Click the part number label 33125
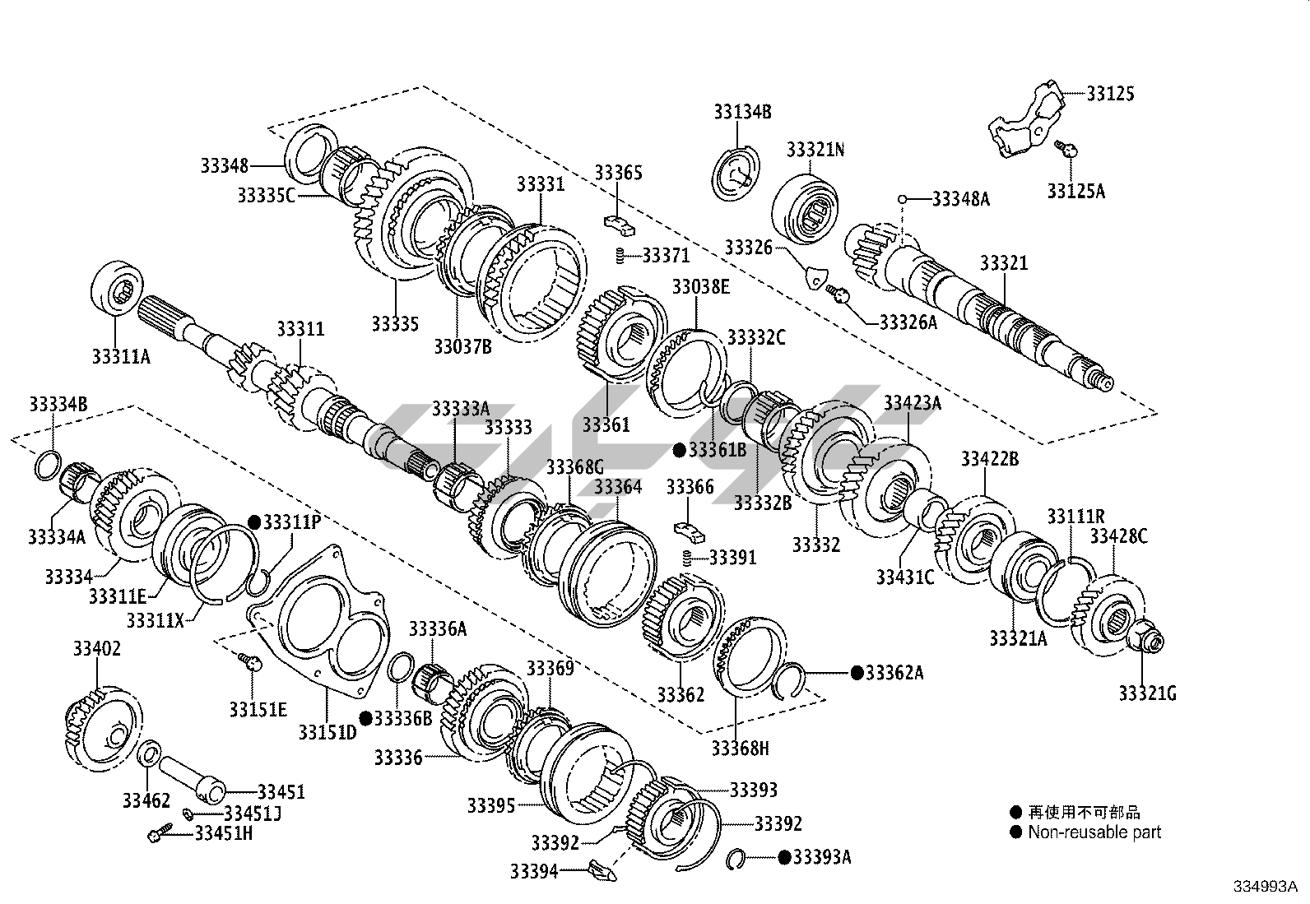pos(1110,94)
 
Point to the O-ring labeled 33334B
pos(48,465)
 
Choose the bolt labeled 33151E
pos(249,660)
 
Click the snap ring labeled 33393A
pos(739,859)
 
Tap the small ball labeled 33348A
pos(903,199)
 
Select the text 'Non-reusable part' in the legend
pos(1094,832)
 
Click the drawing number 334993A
pos(1264,886)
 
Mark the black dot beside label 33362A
pos(857,673)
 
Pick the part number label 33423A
pos(913,403)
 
